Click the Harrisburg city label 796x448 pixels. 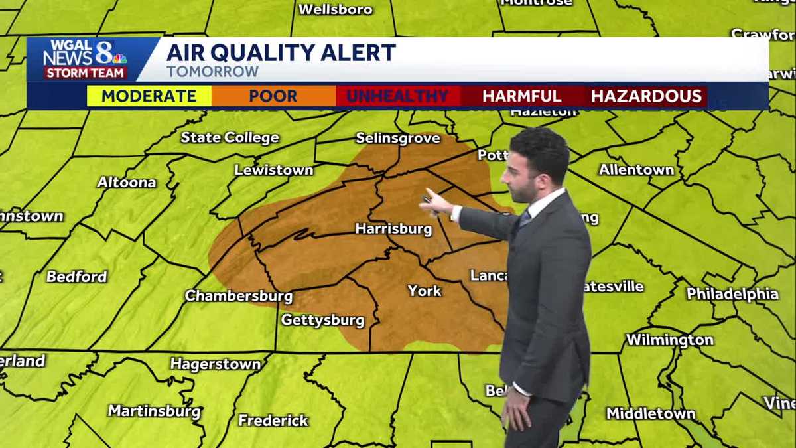[x=393, y=229]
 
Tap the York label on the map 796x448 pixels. [x=425, y=291]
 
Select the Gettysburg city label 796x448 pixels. [x=322, y=320]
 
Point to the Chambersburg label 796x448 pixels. [x=239, y=295]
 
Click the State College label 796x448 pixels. [x=230, y=137]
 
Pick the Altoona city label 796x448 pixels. [x=127, y=182]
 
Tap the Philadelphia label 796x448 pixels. [x=732, y=293]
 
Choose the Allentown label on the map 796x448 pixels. [x=636, y=170]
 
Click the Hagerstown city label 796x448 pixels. [x=216, y=364]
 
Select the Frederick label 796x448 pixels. [x=273, y=420]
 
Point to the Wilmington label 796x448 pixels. [x=670, y=340]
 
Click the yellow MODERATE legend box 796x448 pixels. [x=149, y=96]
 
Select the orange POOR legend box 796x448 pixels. [x=273, y=96]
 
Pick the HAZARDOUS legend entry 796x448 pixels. [x=646, y=96]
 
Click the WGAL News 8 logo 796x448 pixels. [x=85, y=59]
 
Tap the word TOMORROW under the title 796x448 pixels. [x=212, y=72]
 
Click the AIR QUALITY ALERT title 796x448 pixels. [x=281, y=52]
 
